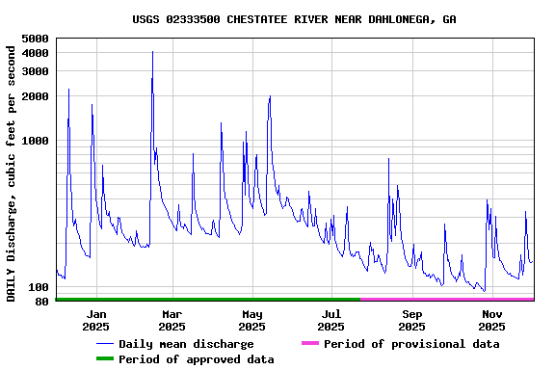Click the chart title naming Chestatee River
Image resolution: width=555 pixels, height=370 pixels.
click(294, 19)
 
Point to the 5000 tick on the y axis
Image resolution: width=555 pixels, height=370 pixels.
click(35, 39)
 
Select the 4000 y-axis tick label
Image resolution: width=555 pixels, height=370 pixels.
click(35, 53)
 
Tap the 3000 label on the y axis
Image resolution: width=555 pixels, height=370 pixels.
click(35, 70)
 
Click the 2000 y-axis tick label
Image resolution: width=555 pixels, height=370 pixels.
click(35, 96)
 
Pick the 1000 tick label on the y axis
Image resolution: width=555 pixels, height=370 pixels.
click(35, 141)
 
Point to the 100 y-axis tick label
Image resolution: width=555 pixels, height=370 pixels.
click(39, 287)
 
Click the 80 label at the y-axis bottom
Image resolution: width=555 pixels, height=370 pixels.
click(41, 302)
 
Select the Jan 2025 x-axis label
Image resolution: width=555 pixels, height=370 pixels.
click(96, 320)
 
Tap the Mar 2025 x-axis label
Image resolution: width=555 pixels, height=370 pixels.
click(172, 320)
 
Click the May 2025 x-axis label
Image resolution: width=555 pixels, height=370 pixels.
click(252, 320)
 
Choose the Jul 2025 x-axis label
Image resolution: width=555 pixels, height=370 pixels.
click(331, 320)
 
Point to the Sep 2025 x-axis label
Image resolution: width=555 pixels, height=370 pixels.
click(412, 320)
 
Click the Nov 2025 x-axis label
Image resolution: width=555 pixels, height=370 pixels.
click(492, 320)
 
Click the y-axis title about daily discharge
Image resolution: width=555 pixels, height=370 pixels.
click(12, 172)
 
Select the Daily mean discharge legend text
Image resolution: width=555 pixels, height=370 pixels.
click(186, 344)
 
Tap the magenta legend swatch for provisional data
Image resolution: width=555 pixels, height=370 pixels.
click(309, 344)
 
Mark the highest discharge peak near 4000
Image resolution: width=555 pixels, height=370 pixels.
click(152, 52)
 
